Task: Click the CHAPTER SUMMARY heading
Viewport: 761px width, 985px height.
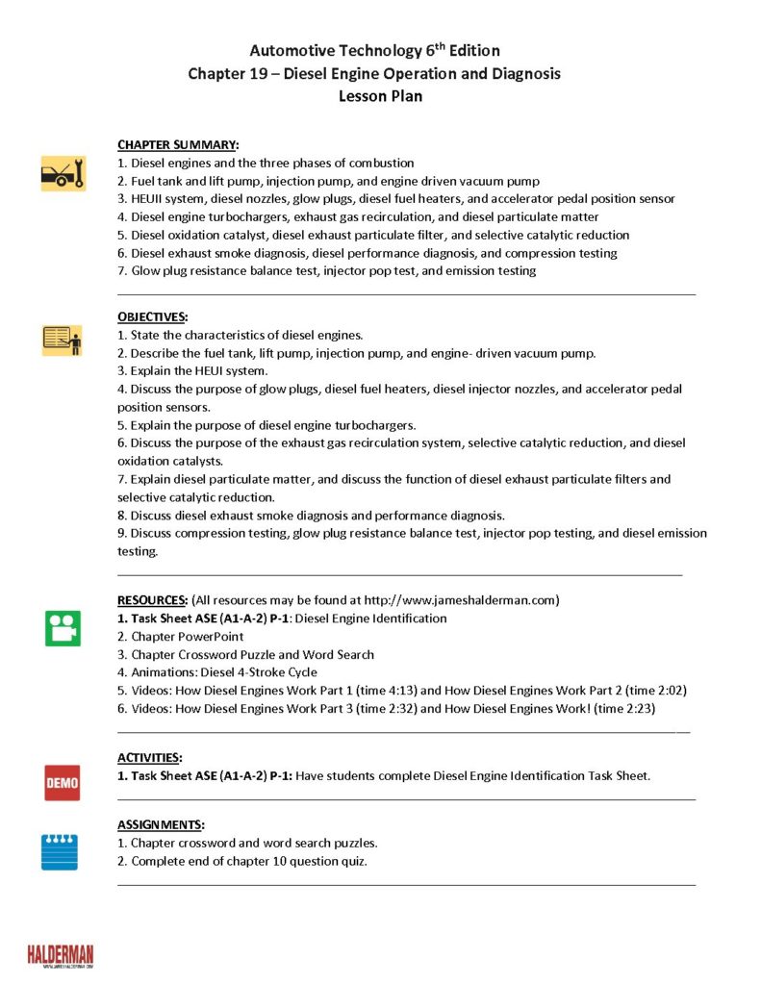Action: point(178,145)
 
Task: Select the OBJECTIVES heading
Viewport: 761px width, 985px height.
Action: point(153,316)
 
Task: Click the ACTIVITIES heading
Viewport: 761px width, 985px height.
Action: point(150,758)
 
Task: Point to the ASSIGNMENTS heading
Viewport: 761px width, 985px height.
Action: point(161,825)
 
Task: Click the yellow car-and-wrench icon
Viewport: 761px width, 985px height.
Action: point(63,173)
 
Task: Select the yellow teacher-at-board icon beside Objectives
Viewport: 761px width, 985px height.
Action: point(63,340)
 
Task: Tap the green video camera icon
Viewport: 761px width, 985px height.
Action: point(63,628)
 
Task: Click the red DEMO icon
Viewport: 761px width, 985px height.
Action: point(63,783)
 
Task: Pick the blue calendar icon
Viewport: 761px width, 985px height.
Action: point(60,851)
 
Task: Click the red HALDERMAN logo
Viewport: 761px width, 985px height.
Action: point(61,954)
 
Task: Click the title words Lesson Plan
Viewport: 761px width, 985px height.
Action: point(380,96)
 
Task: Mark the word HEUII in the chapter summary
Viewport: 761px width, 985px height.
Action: point(148,199)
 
